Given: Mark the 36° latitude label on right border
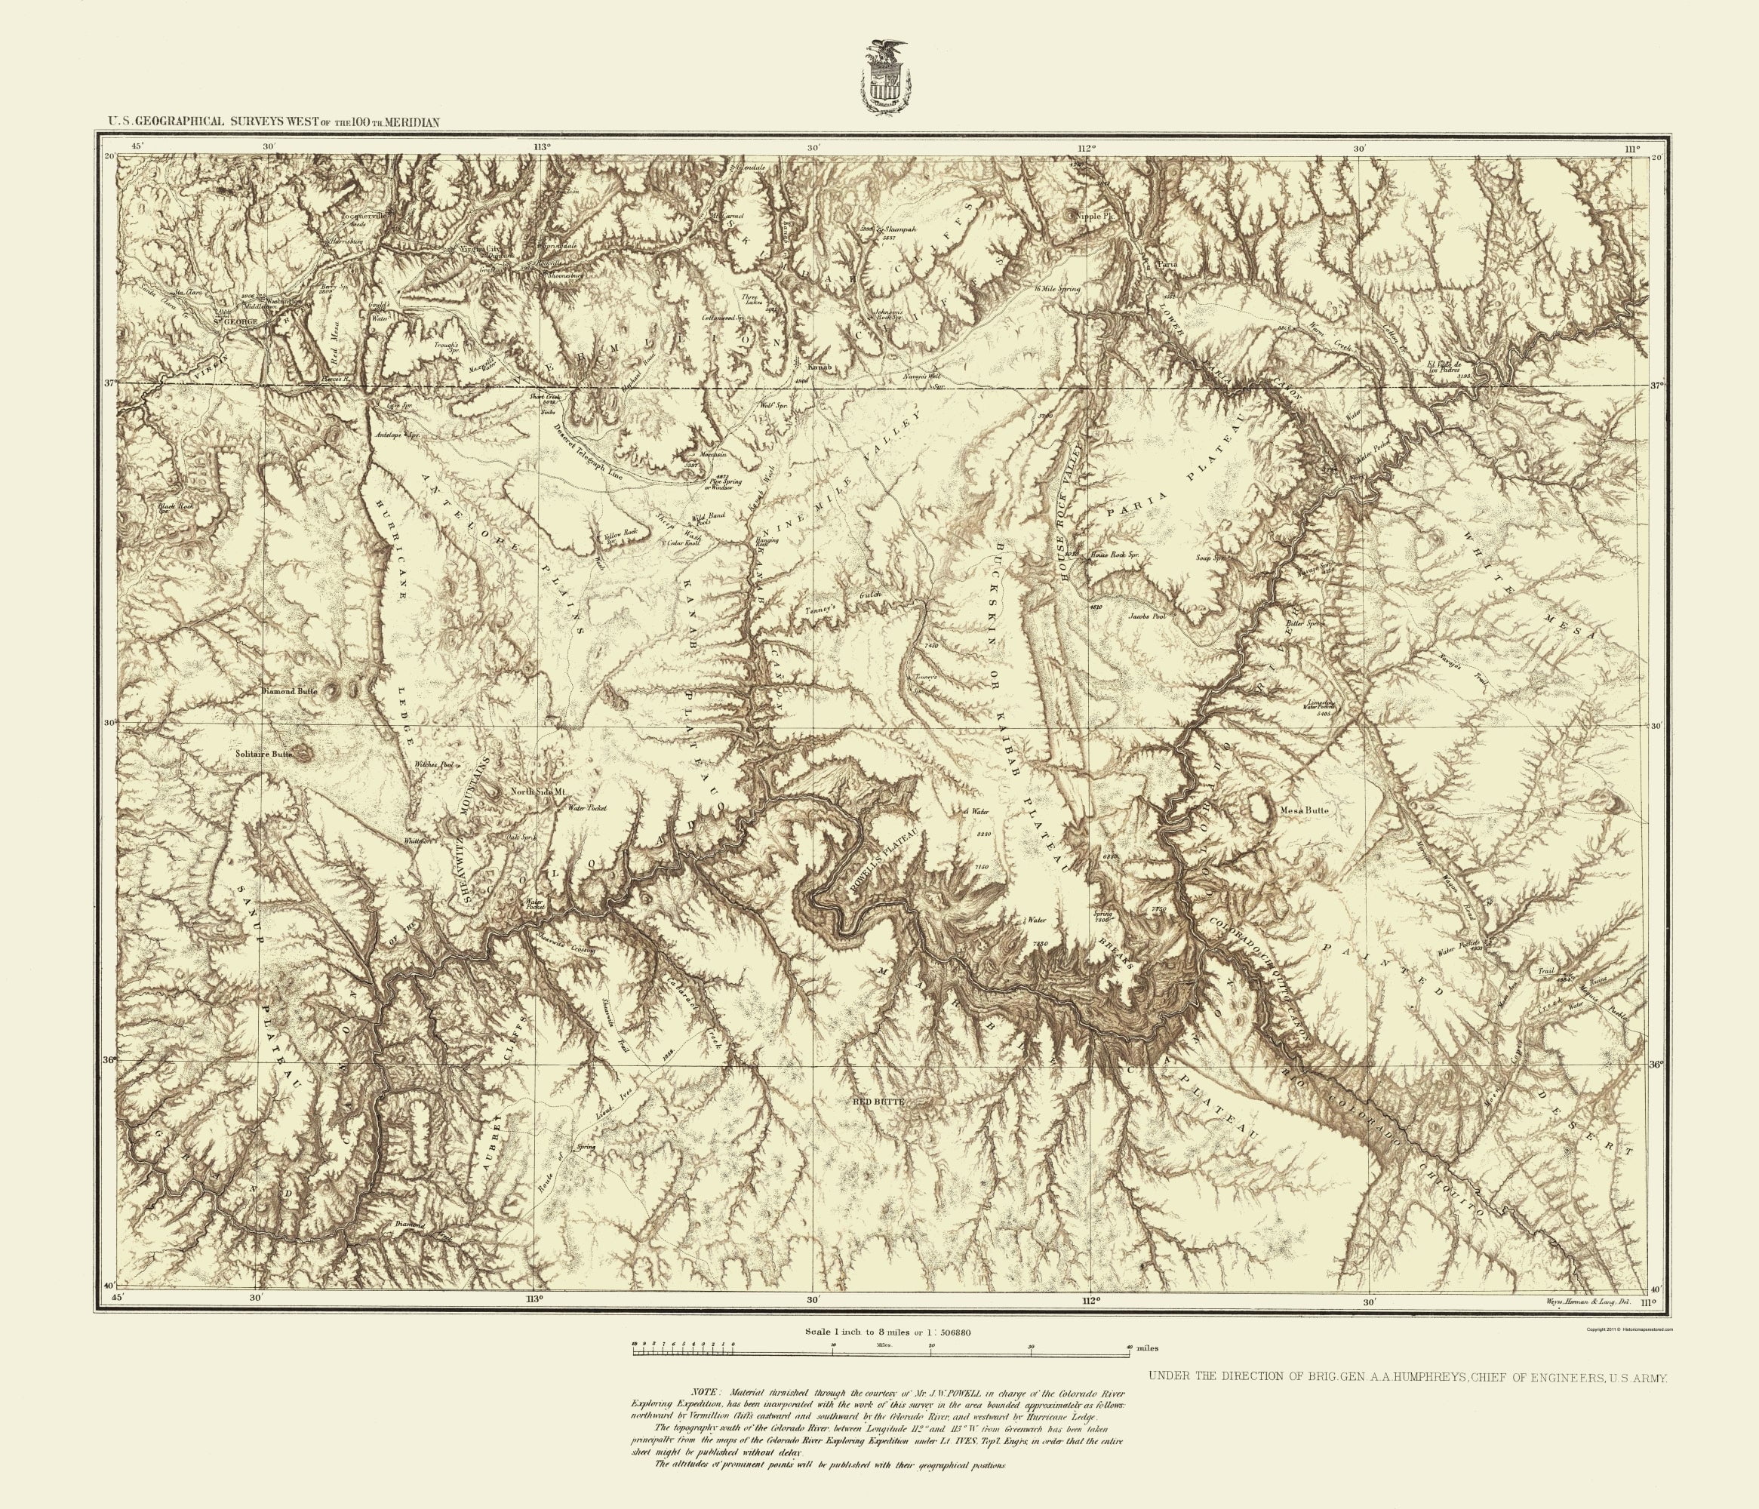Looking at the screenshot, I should pos(1657,1062).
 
